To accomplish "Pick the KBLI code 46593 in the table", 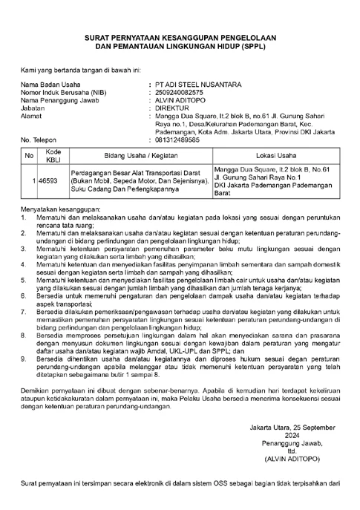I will pyautogui.click(x=48, y=180).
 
